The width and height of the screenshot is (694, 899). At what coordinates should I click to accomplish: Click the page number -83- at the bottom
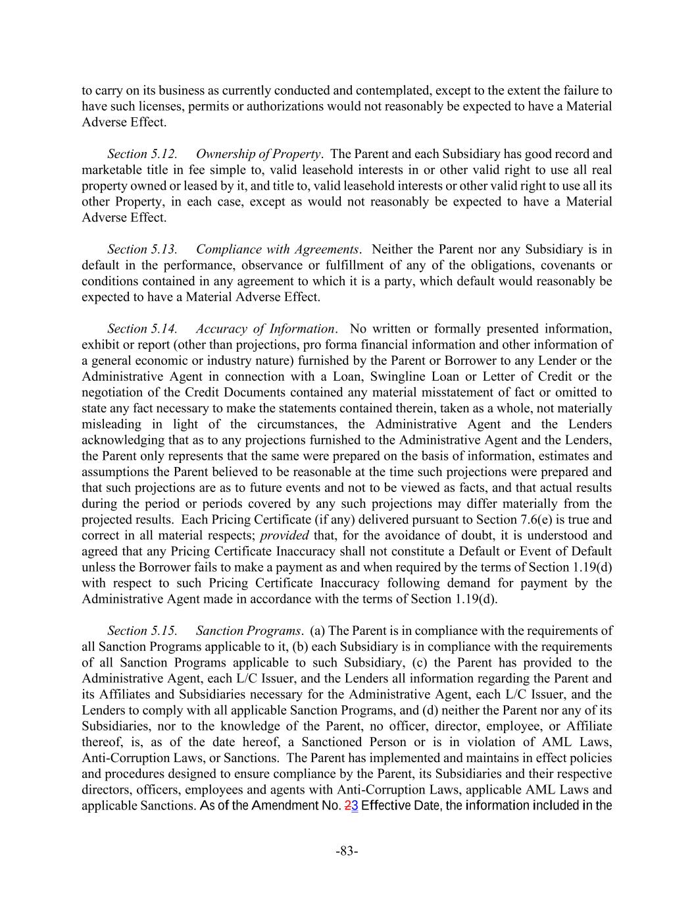coord(347,851)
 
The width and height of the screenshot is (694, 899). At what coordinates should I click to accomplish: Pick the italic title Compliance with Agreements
coord(277,250)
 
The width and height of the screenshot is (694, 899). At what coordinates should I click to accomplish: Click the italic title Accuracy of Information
coord(266,329)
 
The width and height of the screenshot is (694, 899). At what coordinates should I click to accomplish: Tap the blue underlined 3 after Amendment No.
coord(355,806)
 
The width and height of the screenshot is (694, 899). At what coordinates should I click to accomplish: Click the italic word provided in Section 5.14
coord(284,535)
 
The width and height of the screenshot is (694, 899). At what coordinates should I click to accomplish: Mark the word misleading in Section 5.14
coord(111,424)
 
